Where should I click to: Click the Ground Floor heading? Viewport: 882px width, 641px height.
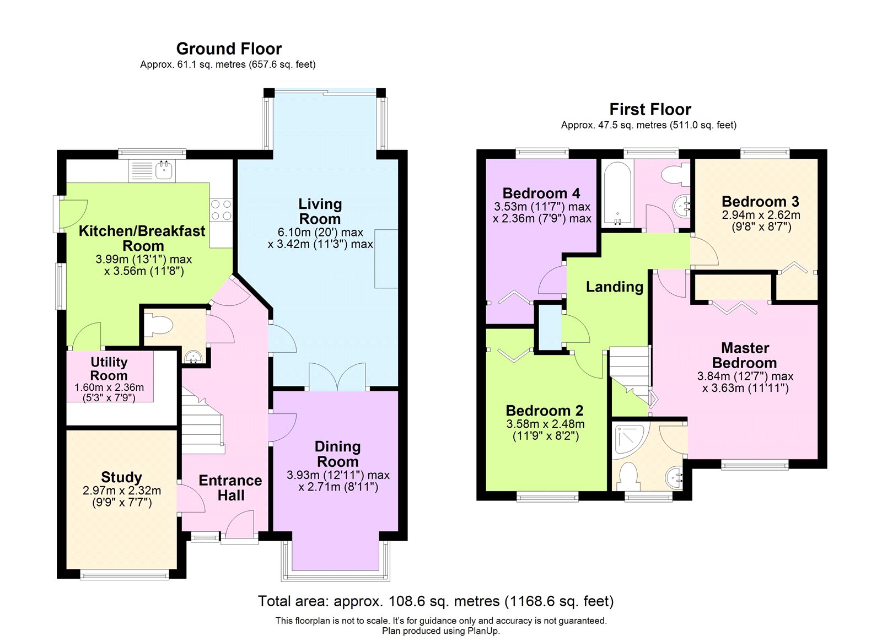point(229,49)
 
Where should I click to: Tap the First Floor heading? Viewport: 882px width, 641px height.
point(650,109)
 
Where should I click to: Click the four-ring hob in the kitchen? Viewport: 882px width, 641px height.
point(221,209)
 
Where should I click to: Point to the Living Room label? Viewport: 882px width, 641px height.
point(320,211)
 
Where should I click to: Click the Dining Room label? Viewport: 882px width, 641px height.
point(337,454)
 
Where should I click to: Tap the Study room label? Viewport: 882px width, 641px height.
point(121,477)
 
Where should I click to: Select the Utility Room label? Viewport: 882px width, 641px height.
point(109,369)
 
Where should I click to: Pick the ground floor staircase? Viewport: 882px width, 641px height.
point(203,424)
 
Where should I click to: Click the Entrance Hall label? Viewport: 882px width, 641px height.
point(230,487)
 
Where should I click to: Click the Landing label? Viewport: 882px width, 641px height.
point(615,287)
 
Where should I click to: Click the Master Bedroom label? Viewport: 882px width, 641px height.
point(745,355)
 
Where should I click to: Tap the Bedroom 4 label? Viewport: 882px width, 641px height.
point(541,193)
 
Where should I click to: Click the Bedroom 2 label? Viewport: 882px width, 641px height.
point(545,411)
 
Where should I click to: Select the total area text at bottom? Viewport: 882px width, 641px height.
point(435,601)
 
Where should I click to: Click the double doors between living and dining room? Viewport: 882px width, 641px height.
point(337,378)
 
